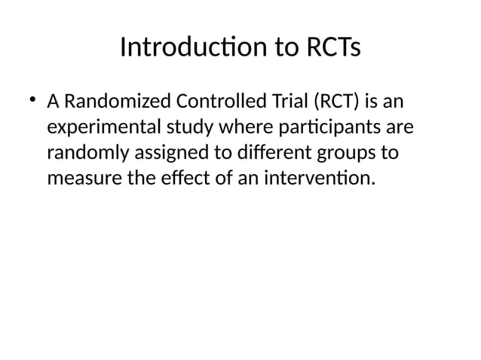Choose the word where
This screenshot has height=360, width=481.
(x=222, y=127)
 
